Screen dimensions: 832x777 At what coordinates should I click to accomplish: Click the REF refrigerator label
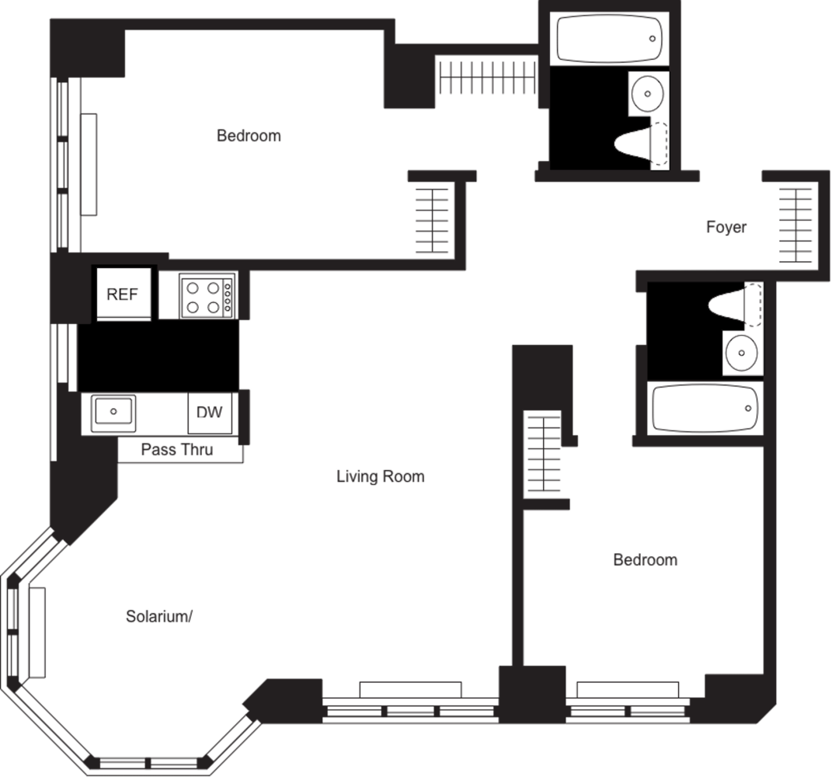[x=122, y=294]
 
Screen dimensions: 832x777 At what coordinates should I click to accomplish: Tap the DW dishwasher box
[x=208, y=413]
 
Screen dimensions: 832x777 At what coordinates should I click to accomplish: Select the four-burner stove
[x=202, y=297]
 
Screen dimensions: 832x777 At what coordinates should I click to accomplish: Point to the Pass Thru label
[x=176, y=449]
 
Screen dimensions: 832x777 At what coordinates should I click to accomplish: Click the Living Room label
[x=381, y=476]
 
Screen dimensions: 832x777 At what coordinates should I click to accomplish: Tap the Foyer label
[x=726, y=228]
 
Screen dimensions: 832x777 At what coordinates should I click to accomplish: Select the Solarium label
[x=158, y=617]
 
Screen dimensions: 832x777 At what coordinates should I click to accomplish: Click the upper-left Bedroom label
[x=249, y=136]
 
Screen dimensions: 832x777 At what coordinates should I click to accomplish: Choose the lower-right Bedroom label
[x=645, y=559]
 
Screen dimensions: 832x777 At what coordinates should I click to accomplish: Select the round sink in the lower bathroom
[x=740, y=355]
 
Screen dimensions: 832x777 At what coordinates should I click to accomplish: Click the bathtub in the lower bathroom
[x=703, y=408]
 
